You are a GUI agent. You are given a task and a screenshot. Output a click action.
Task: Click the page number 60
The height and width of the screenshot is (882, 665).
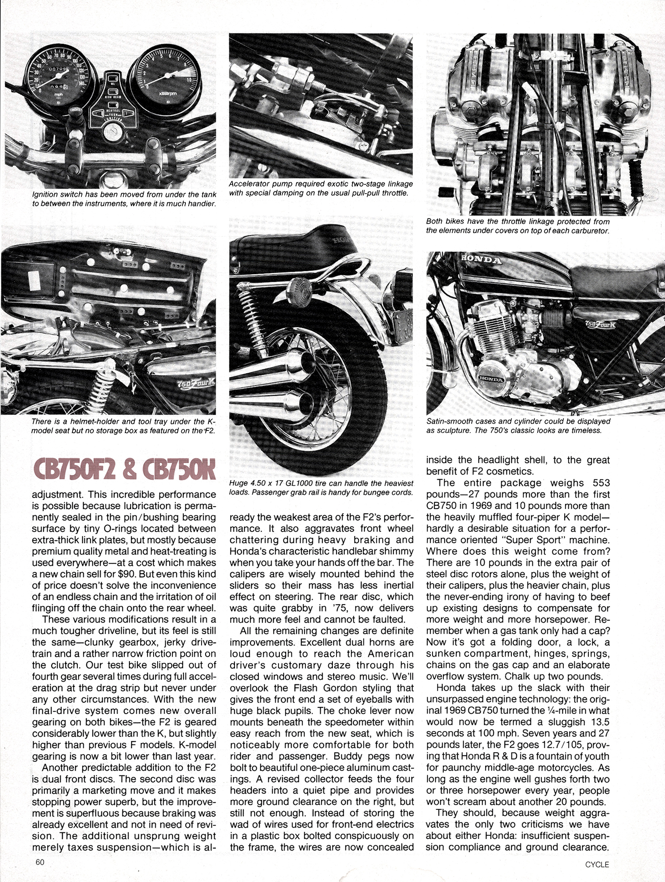(x=39, y=862)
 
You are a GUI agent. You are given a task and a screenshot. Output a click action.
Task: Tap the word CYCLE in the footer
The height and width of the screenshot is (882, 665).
(x=597, y=864)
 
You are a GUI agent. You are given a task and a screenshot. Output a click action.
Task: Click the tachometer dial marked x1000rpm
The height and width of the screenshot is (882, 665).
(x=166, y=77)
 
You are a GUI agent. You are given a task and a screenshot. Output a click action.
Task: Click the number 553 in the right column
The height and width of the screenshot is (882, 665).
(x=601, y=483)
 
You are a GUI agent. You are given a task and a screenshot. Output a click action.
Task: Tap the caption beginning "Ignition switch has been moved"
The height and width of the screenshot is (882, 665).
(x=124, y=199)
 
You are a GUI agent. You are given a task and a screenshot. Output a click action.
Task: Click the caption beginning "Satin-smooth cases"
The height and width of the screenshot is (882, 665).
(x=518, y=426)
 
